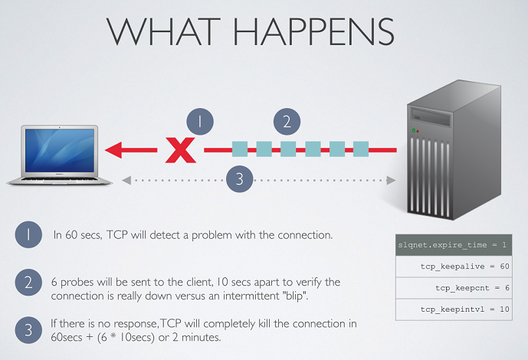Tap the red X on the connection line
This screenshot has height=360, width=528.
pyautogui.click(x=181, y=150)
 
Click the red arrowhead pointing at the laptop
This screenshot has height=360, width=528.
pyautogui.click(x=113, y=149)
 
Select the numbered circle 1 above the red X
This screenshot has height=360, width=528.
pyautogui.click(x=200, y=122)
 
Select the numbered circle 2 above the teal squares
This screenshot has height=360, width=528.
pyautogui.click(x=287, y=122)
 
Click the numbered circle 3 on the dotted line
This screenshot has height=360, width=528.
pyautogui.click(x=239, y=178)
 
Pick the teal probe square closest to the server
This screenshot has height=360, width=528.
pyautogui.click(x=361, y=149)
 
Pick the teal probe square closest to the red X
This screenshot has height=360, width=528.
pyautogui.click(x=240, y=149)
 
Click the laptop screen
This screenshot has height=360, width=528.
pyautogui.click(x=60, y=150)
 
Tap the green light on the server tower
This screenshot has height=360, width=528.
pyautogui.click(x=414, y=130)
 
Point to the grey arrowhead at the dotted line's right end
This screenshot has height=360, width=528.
pyautogui.click(x=391, y=180)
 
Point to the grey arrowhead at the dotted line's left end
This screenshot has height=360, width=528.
pyautogui.click(x=126, y=180)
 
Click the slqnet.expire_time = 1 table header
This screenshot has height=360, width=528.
pyautogui.click(x=454, y=245)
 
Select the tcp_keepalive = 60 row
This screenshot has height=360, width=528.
pyautogui.click(x=454, y=267)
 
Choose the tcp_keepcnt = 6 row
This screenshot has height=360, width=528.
pyautogui.click(x=454, y=288)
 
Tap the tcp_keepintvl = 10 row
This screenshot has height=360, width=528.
pyautogui.click(x=454, y=309)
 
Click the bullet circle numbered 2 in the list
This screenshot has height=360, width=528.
pyautogui.click(x=28, y=283)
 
